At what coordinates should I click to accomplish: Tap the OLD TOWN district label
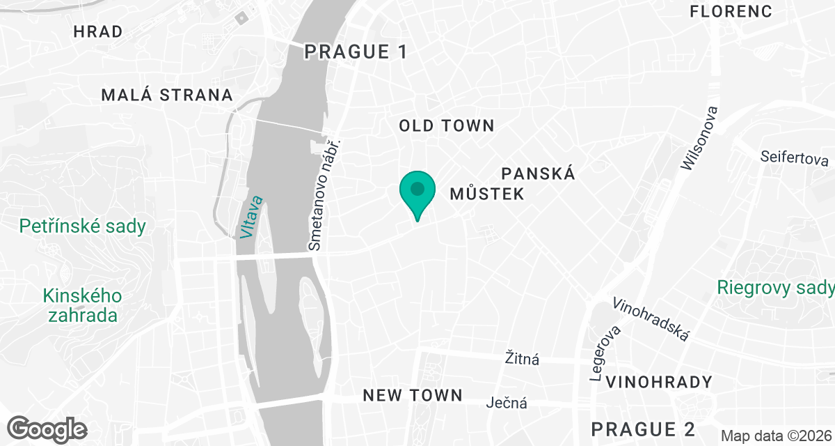click(x=446, y=126)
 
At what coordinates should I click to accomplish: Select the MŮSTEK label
click(x=486, y=194)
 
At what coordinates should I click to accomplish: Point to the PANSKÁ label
click(x=539, y=174)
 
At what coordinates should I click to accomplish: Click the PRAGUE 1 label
click(x=355, y=52)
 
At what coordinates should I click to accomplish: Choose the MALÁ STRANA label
click(x=167, y=95)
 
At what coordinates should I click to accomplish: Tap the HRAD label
click(x=97, y=31)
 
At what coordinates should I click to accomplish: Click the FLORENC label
click(x=731, y=11)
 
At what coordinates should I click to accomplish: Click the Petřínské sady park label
click(x=83, y=226)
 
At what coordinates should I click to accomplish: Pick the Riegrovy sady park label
click(x=775, y=288)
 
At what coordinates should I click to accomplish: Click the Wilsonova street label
click(x=700, y=139)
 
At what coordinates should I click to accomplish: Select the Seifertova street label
click(x=793, y=157)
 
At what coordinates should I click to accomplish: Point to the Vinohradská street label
click(x=651, y=320)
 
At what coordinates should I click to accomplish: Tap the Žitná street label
click(x=522, y=360)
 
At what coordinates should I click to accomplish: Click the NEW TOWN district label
click(x=413, y=396)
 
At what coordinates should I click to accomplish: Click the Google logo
click(x=47, y=429)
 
